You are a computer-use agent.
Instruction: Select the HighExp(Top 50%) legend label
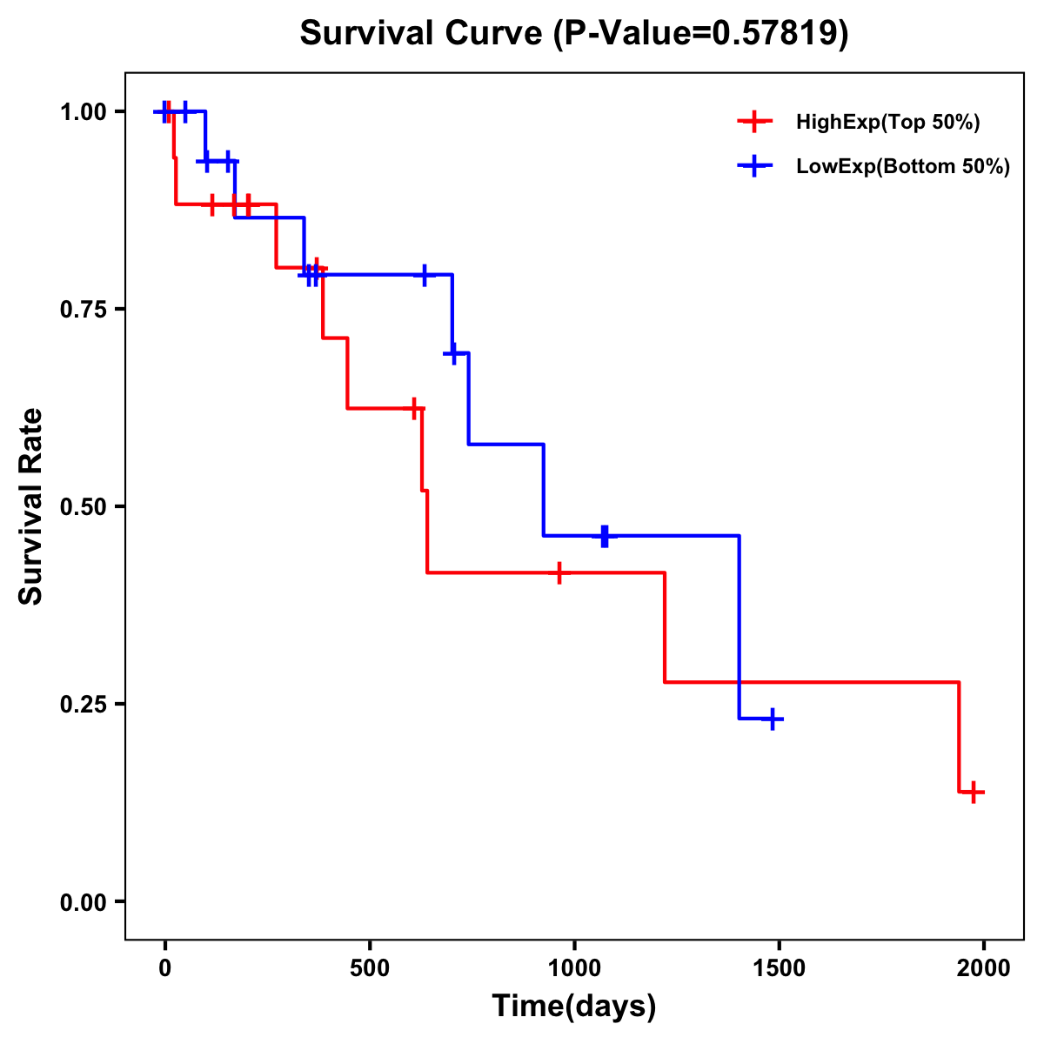point(887,123)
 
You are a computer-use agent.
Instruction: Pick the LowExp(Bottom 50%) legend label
point(903,167)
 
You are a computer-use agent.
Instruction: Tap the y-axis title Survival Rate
point(31,506)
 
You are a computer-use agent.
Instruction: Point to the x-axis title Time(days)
point(574,1007)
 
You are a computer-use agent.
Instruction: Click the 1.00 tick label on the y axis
point(83,112)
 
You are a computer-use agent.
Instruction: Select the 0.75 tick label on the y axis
point(83,309)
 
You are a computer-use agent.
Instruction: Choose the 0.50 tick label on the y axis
point(83,506)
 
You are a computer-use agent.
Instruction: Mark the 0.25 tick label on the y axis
point(83,704)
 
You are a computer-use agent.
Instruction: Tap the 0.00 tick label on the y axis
point(83,901)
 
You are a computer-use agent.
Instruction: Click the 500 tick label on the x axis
point(370,968)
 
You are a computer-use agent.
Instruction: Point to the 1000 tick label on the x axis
point(574,968)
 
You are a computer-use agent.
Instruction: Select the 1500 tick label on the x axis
point(780,968)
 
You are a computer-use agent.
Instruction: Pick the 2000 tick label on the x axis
point(984,968)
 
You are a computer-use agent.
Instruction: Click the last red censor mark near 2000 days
point(974,792)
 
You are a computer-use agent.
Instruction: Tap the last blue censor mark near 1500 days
point(772,719)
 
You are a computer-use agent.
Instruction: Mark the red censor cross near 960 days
point(559,572)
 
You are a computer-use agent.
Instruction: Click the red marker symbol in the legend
point(754,123)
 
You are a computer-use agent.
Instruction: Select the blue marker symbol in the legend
point(754,167)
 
